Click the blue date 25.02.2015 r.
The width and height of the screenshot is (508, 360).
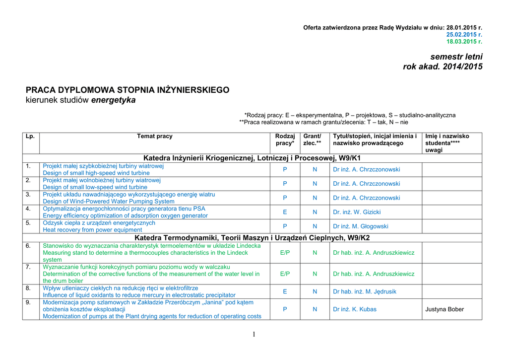pos(464,34)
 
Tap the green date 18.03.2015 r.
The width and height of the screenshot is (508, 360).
pos(464,42)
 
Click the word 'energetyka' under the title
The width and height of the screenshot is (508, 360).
pos(113,100)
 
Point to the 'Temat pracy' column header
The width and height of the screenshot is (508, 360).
pos(155,136)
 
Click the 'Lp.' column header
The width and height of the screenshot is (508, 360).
pos(30,136)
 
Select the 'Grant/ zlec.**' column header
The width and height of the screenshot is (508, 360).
pos(312,140)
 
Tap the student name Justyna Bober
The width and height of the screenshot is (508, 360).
pos(444,309)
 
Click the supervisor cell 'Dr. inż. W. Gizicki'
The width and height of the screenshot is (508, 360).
pos(357,212)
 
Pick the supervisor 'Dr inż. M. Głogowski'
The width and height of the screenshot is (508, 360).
pos(360,226)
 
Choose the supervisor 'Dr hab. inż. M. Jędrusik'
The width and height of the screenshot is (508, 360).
pos(365,291)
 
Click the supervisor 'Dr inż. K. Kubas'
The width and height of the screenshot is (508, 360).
pos(355,309)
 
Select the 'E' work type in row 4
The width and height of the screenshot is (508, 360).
pos(285,212)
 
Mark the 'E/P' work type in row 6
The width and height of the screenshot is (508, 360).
pos(285,253)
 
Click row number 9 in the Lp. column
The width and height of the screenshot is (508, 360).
pos(28,302)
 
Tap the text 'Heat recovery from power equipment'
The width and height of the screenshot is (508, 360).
pos(92,230)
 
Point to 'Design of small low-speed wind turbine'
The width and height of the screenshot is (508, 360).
pos(95,187)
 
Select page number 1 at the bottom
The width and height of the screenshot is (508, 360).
pos(254,334)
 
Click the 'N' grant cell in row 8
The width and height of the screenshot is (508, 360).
pos(315,291)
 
